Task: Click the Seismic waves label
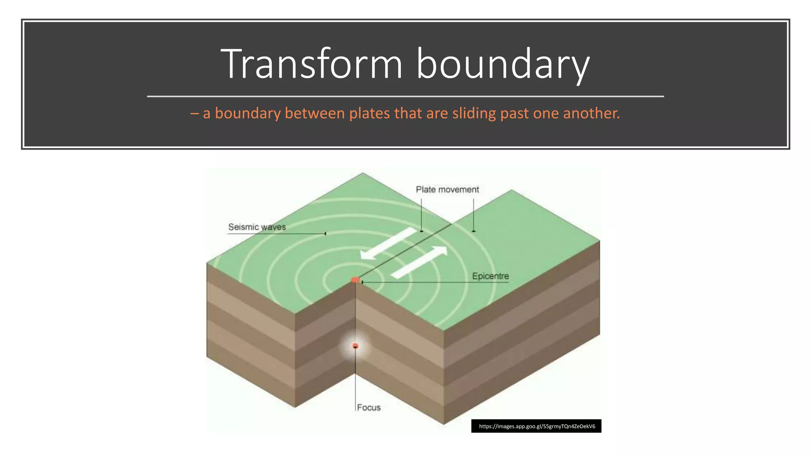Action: coord(257,227)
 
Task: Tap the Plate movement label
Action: coord(447,190)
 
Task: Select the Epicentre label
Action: coord(490,276)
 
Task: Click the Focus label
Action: coord(369,407)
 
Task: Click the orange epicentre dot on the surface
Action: coord(355,280)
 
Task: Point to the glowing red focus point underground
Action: coord(355,346)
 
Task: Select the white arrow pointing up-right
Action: coord(420,262)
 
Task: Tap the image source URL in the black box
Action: coord(537,426)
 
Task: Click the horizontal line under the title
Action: coord(405,96)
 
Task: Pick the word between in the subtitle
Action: coord(314,114)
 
